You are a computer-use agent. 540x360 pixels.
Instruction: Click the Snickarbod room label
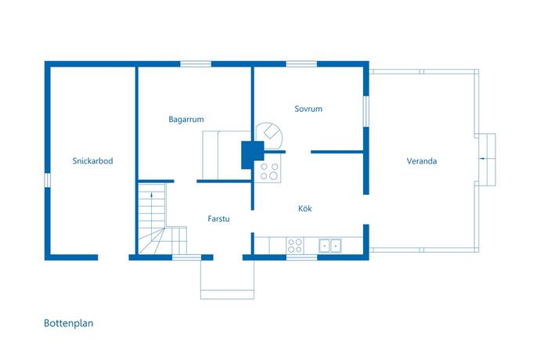click(92, 161)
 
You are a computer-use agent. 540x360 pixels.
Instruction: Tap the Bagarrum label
click(186, 120)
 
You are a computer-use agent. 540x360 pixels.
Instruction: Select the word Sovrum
click(308, 109)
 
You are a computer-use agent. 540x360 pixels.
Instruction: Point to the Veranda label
click(422, 161)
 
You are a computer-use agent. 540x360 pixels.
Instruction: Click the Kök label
click(305, 208)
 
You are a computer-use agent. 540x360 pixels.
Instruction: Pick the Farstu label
click(218, 219)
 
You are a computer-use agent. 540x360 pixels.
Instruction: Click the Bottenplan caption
click(69, 323)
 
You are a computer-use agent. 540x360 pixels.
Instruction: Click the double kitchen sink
click(330, 246)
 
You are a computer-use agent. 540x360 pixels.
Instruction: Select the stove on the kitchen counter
click(295, 245)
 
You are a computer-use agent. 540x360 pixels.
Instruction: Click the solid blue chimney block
click(253, 155)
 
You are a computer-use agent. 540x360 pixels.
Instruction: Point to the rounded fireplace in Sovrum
click(269, 136)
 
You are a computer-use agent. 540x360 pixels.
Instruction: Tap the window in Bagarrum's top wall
click(196, 63)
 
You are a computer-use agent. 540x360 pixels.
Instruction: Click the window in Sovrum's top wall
click(301, 63)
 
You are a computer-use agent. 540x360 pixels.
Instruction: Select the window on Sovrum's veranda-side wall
click(366, 111)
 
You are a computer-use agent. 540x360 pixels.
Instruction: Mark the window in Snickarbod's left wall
click(48, 180)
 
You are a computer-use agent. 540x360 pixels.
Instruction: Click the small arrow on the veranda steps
click(482, 158)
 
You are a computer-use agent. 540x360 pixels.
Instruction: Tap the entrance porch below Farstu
click(227, 279)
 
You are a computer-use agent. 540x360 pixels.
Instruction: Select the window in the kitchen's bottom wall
click(301, 257)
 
